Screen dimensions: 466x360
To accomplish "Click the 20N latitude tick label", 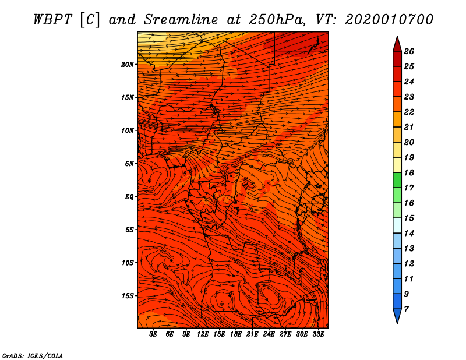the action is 128,65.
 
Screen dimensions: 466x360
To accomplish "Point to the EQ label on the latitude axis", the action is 129,197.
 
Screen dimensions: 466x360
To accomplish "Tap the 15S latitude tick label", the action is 128,296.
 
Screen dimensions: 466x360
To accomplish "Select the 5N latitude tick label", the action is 129,164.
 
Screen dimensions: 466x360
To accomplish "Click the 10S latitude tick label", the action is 128,263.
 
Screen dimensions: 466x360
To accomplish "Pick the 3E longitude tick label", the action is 153,334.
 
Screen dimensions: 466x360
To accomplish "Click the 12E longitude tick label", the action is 203,334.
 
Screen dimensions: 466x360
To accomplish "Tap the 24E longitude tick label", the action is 269,334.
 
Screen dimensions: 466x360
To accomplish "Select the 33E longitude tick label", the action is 318,334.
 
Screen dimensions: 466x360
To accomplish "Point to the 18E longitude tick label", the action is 236,334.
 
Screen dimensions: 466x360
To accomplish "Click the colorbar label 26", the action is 409,51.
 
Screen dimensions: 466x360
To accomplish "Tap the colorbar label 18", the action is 409,172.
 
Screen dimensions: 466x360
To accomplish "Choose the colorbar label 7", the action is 406,309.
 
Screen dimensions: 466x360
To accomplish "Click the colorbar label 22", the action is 409,112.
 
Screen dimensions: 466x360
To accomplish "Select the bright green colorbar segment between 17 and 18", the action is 397,180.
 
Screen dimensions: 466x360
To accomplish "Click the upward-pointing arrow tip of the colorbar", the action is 397,36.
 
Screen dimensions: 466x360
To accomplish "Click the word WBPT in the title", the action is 52,20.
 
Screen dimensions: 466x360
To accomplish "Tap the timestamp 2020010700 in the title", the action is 389,20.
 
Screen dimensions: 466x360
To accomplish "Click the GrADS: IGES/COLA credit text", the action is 33,356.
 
